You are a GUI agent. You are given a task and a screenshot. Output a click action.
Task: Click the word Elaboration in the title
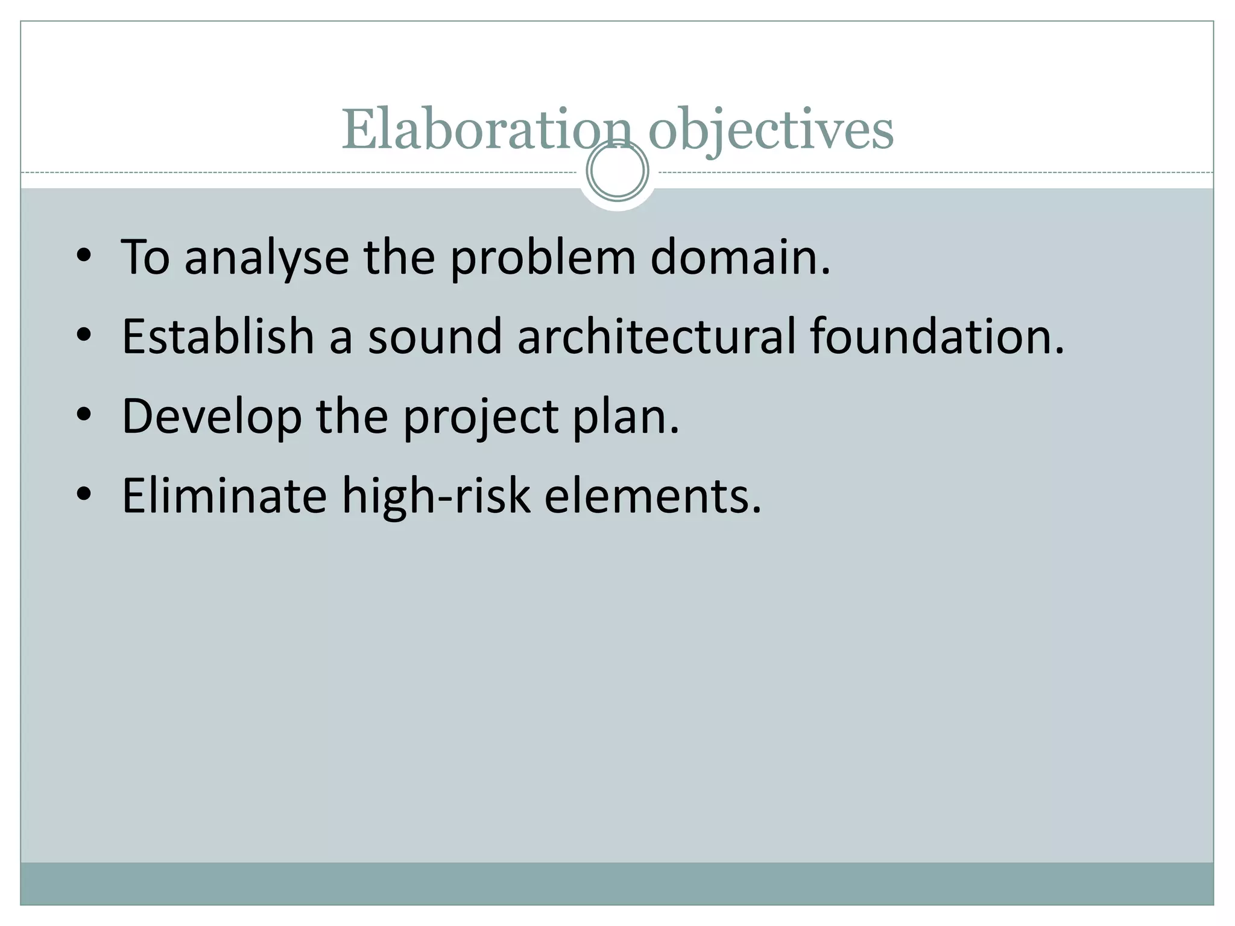click(x=486, y=130)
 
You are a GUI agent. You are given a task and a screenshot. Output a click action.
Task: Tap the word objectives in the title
click(x=771, y=130)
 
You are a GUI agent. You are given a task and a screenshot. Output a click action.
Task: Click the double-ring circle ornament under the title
click(x=617, y=171)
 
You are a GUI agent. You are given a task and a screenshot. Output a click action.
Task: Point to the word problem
click(x=542, y=257)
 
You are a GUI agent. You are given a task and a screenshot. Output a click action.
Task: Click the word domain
click(x=740, y=257)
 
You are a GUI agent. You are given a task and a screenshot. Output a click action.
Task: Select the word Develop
click(x=212, y=416)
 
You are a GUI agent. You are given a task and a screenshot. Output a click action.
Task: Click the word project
click(x=481, y=416)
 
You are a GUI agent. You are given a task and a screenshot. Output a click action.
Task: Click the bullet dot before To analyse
click(x=84, y=256)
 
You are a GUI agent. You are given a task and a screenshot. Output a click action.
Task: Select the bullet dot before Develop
click(x=84, y=415)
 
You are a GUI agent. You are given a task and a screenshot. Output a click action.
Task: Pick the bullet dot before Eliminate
click(x=84, y=494)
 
